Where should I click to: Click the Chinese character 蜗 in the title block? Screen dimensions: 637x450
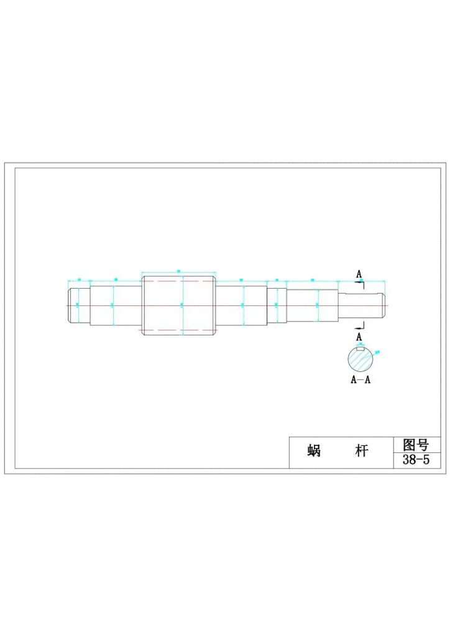click(314, 451)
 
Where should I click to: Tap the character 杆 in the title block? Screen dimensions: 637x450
click(361, 451)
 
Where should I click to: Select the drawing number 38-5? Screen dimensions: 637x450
click(416, 460)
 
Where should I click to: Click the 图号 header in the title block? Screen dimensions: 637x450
click(416, 445)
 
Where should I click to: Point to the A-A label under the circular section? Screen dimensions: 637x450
click(360, 380)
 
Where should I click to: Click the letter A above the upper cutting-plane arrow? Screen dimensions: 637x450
click(359, 274)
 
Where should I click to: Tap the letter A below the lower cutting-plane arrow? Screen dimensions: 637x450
click(359, 337)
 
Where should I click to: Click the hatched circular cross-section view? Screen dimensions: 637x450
click(360, 360)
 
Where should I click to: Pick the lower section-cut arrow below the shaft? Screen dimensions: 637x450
click(359, 325)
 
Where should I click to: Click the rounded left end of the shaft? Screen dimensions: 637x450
click(70, 305)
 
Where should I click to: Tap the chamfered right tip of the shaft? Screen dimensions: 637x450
click(383, 305)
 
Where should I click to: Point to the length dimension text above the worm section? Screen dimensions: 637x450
click(179, 271)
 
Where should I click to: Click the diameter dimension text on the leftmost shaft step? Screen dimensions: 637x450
click(77, 304)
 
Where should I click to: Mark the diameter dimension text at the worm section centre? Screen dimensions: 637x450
click(181, 304)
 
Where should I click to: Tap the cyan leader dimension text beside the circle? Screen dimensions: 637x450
click(378, 352)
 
